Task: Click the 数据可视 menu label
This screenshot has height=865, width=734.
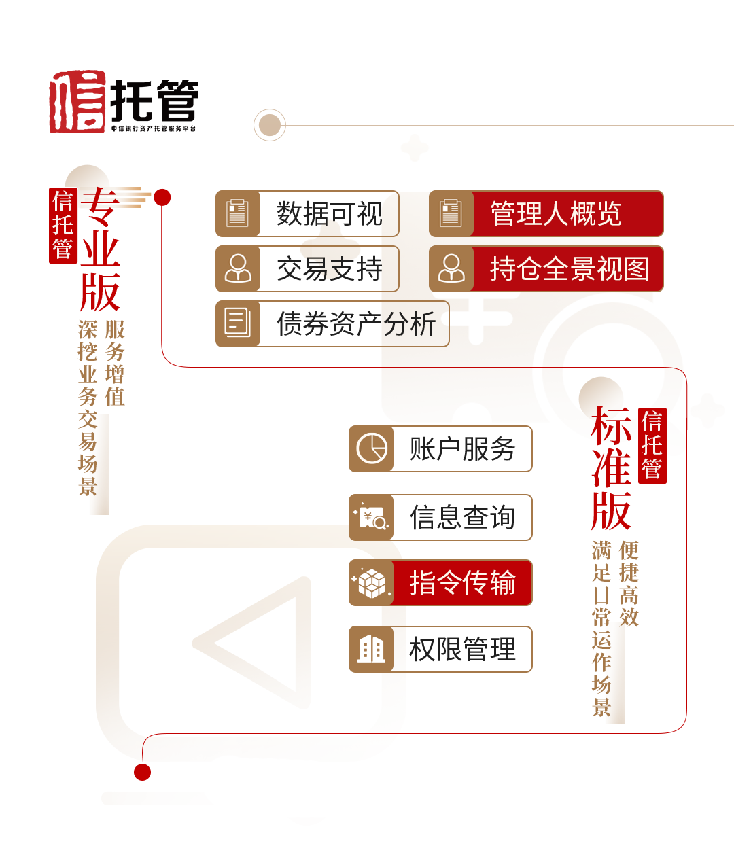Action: [330, 214]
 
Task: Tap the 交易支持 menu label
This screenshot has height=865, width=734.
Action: [330, 269]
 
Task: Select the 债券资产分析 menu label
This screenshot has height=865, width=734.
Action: [355, 323]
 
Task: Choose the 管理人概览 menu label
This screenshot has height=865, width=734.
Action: [556, 214]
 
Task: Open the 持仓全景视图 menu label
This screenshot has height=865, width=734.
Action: [569, 269]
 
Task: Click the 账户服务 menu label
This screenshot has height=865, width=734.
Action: [462, 449]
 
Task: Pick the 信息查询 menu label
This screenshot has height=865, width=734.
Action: [462, 518]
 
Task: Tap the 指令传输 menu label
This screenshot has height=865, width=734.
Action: [462, 583]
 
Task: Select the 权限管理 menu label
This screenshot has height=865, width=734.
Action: [462, 650]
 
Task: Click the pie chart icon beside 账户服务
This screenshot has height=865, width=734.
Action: [372, 449]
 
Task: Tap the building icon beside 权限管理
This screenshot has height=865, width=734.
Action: [372, 650]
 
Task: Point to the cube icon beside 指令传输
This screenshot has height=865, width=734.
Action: [372, 583]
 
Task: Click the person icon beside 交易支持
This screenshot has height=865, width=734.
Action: [238, 269]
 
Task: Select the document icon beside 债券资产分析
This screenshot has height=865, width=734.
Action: [238, 323]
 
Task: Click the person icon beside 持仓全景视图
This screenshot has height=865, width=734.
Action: [451, 269]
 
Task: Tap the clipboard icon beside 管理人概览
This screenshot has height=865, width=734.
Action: [451, 214]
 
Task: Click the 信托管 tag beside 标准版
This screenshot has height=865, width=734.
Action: [652, 446]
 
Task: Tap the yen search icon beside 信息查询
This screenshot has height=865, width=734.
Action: [372, 518]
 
